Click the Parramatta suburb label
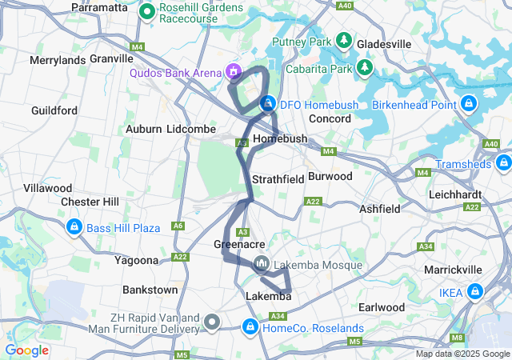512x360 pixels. [x=99, y=7]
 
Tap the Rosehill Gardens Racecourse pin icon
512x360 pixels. [x=147, y=11]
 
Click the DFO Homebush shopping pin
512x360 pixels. [x=269, y=103]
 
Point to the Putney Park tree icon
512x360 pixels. [x=344, y=40]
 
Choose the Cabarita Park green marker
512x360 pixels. [x=366, y=67]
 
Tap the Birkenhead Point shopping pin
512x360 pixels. [x=469, y=103]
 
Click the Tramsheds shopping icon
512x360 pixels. [x=503, y=164]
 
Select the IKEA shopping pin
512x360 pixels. [x=474, y=292]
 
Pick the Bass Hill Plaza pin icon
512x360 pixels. [x=74, y=227]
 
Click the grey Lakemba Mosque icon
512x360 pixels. [x=262, y=265]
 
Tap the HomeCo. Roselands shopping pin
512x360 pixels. [x=250, y=327]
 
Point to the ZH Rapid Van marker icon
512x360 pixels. [x=212, y=322]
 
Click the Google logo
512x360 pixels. [x=26, y=350]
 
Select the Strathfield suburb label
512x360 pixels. [x=278, y=179]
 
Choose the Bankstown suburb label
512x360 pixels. [x=150, y=289]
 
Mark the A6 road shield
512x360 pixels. [x=178, y=226]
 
